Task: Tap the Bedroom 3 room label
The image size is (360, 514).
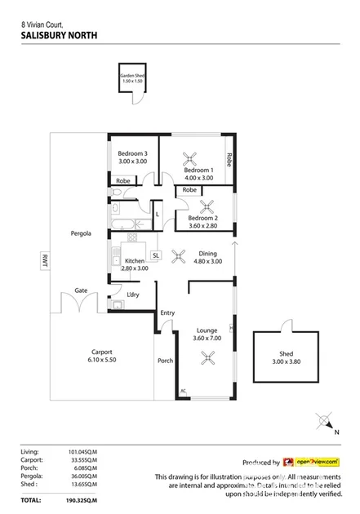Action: (x=132, y=154)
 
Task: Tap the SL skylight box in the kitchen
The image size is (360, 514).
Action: (x=154, y=255)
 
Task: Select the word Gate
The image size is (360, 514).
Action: (x=82, y=290)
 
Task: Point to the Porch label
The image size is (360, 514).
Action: (x=164, y=361)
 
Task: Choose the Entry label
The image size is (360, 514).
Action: (x=167, y=312)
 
